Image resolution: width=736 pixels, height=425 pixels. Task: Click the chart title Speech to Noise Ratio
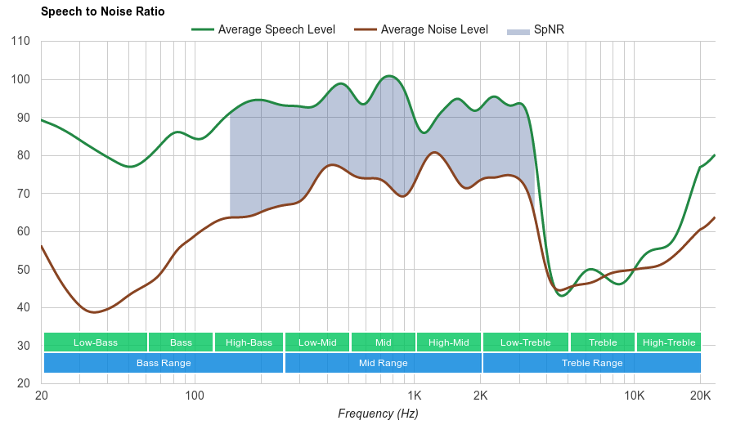pos(102,11)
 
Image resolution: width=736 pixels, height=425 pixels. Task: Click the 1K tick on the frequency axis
pos(413,396)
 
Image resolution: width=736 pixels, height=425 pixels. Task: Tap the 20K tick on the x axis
pos(700,396)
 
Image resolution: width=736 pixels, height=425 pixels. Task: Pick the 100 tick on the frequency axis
pos(195,396)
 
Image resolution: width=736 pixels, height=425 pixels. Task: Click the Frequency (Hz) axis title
pos(378,414)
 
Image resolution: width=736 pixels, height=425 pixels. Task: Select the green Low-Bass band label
pos(96,342)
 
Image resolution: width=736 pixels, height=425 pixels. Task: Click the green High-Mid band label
pos(449,342)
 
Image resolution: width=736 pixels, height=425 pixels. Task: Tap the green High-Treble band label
pos(669,342)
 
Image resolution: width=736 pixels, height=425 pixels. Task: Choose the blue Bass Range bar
pos(164,363)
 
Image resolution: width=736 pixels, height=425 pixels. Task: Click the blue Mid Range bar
pos(384,363)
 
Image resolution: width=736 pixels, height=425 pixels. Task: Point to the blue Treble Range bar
pos(592,363)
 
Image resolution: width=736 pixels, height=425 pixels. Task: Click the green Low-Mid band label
pos(317,342)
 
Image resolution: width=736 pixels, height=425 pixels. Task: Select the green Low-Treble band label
pos(526,342)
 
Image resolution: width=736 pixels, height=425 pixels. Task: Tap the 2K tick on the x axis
pos(480,396)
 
